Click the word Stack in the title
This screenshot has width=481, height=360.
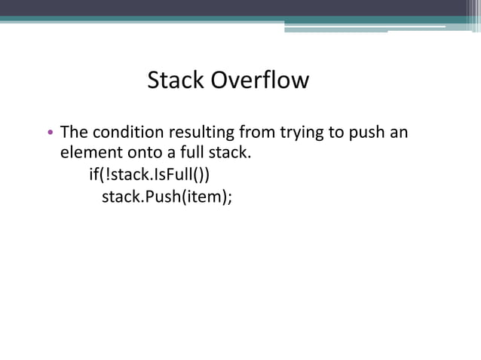coord(176,80)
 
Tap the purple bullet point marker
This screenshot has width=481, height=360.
coord(50,135)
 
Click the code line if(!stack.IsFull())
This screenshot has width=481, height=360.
coord(149,176)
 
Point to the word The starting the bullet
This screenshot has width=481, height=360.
coord(73,133)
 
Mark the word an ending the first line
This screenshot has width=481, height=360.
coord(399,133)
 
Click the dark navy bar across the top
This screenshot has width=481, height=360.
coord(240,8)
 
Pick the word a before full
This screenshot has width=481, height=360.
coord(171,154)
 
